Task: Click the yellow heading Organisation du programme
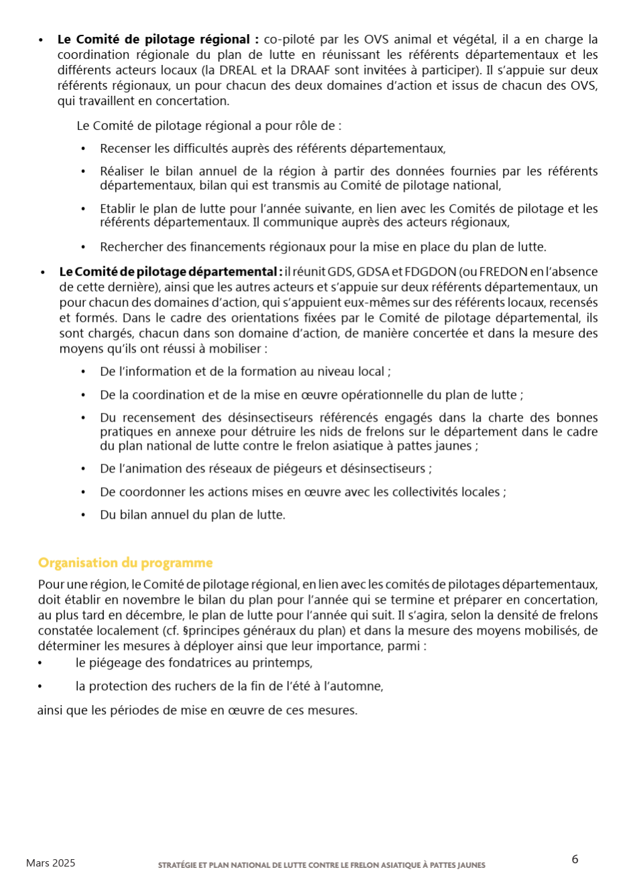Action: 125,563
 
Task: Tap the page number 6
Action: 575,859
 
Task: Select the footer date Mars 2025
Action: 51,863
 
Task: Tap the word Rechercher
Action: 131,247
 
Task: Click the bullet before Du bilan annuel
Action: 84,515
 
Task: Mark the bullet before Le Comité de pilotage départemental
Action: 43,272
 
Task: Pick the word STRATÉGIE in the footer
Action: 177,865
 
